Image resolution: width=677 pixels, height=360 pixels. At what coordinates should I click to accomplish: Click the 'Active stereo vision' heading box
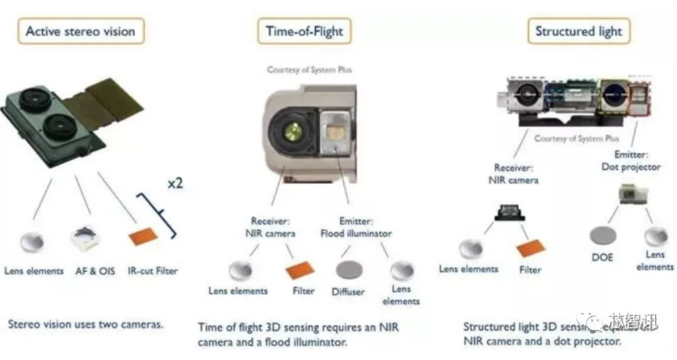click(80, 31)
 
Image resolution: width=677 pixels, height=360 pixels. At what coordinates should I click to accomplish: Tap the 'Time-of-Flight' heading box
click(304, 31)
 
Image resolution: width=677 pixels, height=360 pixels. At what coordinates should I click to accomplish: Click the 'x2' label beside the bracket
click(175, 183)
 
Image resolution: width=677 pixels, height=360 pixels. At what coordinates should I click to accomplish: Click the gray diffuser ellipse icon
click(348, 268)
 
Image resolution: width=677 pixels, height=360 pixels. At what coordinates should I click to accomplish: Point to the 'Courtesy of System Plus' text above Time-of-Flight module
click(309, 70)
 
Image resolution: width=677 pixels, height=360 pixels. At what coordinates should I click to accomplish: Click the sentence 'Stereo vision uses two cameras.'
click(86, 325)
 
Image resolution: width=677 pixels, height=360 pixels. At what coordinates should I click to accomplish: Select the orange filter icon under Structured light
click(531, 247)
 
